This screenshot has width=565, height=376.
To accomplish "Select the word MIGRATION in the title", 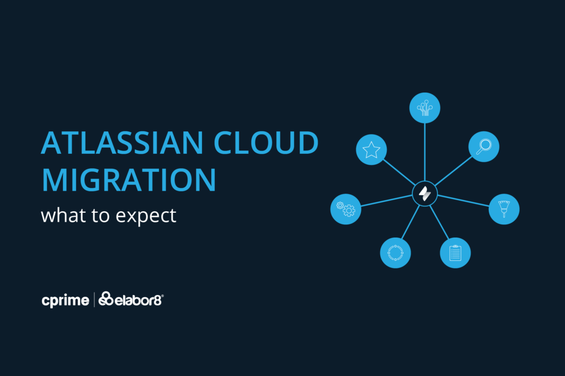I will coord(129,180).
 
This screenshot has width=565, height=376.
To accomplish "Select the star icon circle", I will coord(371,149).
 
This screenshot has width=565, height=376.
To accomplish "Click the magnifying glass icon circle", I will coord(483,146).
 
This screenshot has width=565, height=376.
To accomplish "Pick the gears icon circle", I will coord(345,209).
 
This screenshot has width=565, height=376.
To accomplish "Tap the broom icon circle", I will coord(504,209).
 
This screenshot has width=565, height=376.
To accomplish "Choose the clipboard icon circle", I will coord(455,253).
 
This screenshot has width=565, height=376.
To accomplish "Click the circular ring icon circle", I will coord(395,253).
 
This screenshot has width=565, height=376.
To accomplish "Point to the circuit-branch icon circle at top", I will coord(425,108).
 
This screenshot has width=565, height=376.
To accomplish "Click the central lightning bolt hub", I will coord(425,194).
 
